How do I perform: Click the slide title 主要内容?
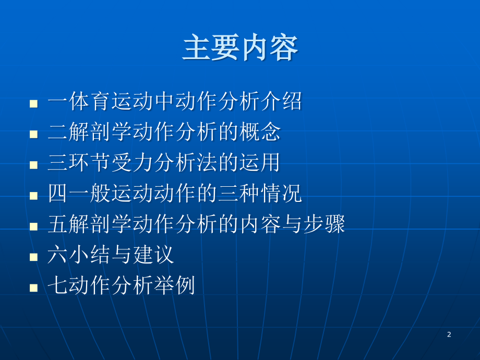pyautogui.click(x=241, y=47)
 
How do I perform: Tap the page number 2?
pyautogui.click(x=449, y=334)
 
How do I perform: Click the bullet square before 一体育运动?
pyautogui.click(x=34, y=103)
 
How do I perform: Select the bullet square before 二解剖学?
pyautogui.click(x=34, y=134)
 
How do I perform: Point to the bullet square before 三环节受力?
pyautogui.click(x=34, y=165)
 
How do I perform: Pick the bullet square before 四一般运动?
pyautogui.click(x=34, y=196)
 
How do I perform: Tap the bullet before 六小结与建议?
pyautogui.click(x=34, y=257)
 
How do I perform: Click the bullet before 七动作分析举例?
pyautogui.click(x=34, y=288)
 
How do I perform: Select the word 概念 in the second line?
pyautogui.click(x=260, y=131)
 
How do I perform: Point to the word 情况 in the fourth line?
pyautogui.click(x=281, y=193)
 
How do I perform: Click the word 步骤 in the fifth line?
pyautogui.click(x=324, y=224)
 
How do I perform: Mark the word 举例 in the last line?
pyautogui.click(x=174, y=285)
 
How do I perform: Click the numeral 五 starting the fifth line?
pyautogui.click(x=58, y=224)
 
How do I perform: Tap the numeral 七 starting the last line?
pyautogui.click(x=58, y=285)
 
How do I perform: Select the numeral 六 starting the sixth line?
pyautogui.click(x=58, y=255)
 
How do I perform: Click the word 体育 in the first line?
pyautogui.click(x=89, y=101)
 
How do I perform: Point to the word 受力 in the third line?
pyautogui.click(x=132, y=163)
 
